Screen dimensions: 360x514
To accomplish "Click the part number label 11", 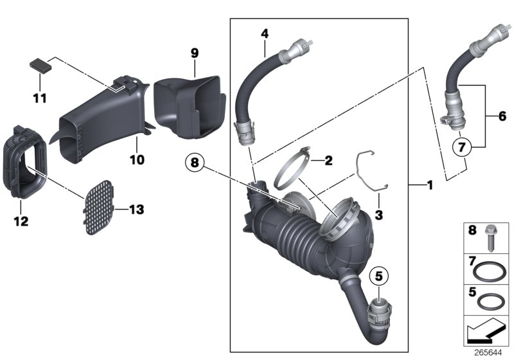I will [x=39, y=98].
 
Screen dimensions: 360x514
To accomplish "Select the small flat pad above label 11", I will [x=40, y=66].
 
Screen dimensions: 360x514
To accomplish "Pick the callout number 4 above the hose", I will [x=263, y=33].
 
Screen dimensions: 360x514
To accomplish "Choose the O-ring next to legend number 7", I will [x=492, y=270].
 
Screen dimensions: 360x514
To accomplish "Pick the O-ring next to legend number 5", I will [x=492, y=300].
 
